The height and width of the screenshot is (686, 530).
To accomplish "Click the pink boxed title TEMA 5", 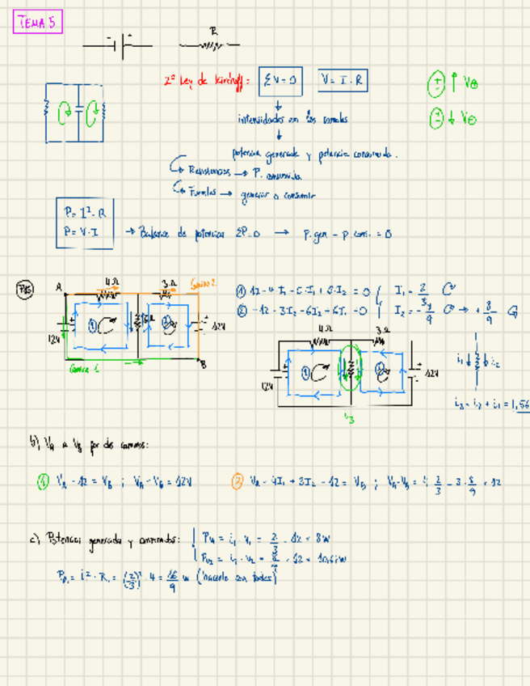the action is [37, 23].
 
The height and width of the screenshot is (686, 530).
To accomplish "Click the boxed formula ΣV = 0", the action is [280, 80].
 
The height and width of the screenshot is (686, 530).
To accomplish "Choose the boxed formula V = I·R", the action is [343, 80].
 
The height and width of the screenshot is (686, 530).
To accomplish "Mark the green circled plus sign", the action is [436, 83].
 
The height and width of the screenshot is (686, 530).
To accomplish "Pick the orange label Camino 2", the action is [204, 284].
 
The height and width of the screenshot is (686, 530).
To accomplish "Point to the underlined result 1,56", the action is [521, 404].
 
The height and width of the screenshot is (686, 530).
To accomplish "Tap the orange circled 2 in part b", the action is [237, 483].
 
